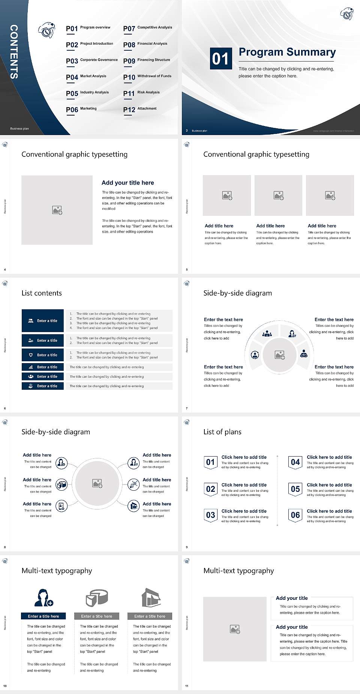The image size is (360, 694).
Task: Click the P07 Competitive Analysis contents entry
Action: coord(147,28)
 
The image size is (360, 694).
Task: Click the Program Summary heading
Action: coord(287,52)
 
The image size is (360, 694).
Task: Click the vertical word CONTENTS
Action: coord(14,52)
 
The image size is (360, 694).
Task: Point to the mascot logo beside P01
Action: coord(46,30)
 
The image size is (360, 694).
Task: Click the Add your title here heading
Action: coord(127,183)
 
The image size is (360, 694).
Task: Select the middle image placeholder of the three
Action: coord(278,195)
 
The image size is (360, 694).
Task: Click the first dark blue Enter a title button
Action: coord(43,321)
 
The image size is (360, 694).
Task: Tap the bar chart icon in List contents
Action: coord(31,367)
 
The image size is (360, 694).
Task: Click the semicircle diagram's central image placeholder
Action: coord(279,355)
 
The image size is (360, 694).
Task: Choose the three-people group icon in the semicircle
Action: coord(267,333)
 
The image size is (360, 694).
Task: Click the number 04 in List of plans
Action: coord(295,462)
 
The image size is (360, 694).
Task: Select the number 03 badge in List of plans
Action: coord(210,515)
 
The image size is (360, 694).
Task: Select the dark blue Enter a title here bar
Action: coord(43,616)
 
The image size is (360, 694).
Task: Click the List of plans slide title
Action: coord(222,432)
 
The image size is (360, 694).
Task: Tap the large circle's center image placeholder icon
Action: coord(97,484)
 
